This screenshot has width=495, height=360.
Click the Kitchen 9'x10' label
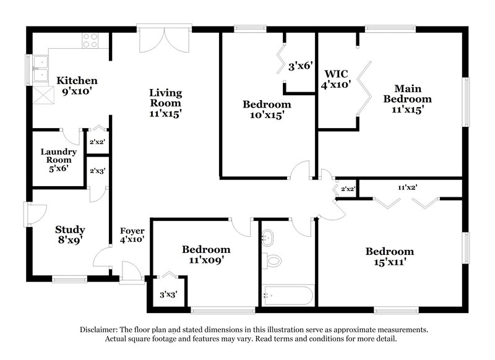[77, 85]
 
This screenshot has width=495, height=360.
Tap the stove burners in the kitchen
[90, 40]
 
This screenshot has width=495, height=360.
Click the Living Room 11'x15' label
[165, 103]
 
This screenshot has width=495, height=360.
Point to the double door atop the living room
[152, 41]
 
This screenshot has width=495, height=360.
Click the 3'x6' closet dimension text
[300, 66]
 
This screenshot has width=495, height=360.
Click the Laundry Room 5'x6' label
[59, 160]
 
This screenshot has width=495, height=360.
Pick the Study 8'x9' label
[69, 234]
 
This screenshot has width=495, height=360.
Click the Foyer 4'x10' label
[132, 234]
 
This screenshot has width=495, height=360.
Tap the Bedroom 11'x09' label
[206, 255]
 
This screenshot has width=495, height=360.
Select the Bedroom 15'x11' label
[389, 257]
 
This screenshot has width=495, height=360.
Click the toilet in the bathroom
[272, 261]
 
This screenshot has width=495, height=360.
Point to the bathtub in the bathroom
[288, 296]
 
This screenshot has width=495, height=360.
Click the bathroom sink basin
[269, 238]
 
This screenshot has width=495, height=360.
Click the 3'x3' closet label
[168, 294]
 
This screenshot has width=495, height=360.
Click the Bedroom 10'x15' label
[266, 109]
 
